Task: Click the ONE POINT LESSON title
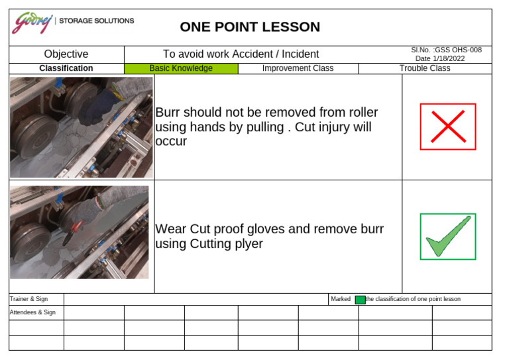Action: [x=250, y=27]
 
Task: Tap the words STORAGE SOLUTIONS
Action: [x=96, y=21]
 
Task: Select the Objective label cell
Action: [x=66, y=54]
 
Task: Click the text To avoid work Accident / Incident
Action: [x=241, y=54]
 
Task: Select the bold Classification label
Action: [x=66, y=68]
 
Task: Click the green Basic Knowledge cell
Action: [x=180, y=68]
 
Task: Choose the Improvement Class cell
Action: [x=298, y=68]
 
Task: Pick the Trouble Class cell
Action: [x=424, y=68]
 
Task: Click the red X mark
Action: [x=447, y=127]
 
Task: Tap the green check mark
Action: [x=447, y=237]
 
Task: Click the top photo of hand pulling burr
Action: [x=81, y=127]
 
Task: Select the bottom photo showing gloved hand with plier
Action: [x=80, y=232]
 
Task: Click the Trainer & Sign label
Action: [x=25, y=299]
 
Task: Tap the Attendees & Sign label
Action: [x=32, y=312]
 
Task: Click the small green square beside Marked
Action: [x=360, y=300]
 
